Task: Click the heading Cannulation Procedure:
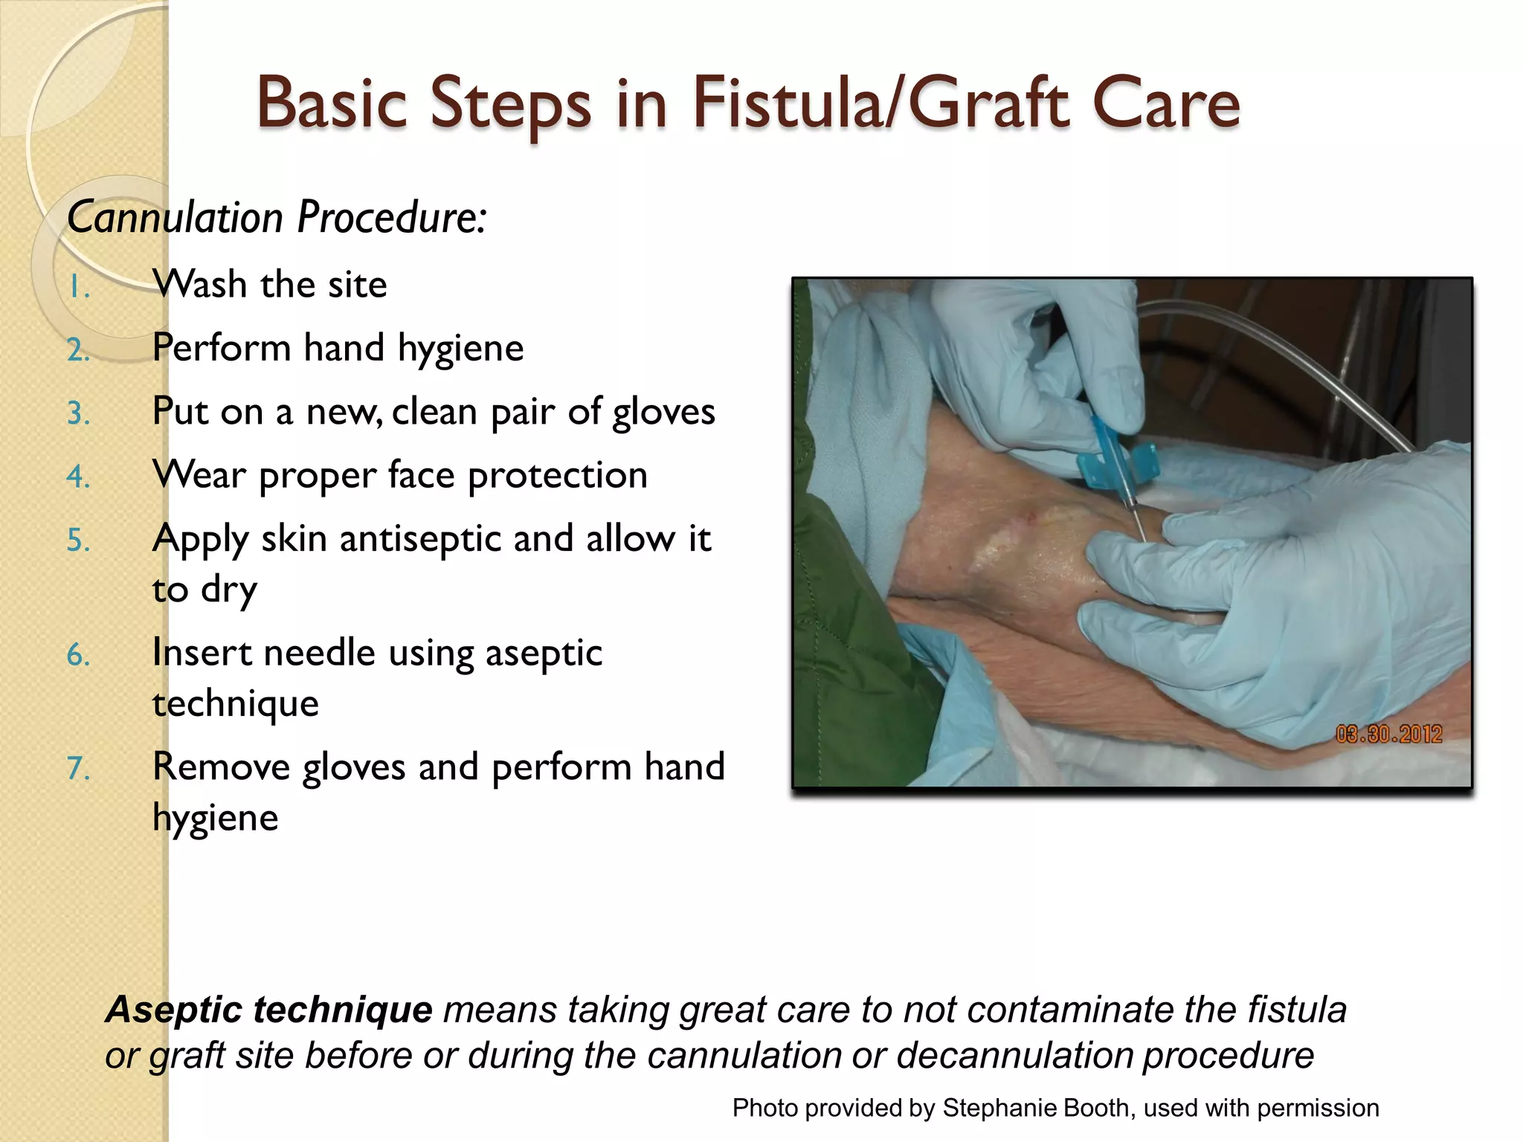point(277,218)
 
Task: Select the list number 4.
point(78,477)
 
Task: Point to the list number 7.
point(78,768)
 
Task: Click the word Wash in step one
point(199,285)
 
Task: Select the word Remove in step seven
point(221,767)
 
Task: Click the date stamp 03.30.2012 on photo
point(1388,735)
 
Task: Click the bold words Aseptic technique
point(268,1010)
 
